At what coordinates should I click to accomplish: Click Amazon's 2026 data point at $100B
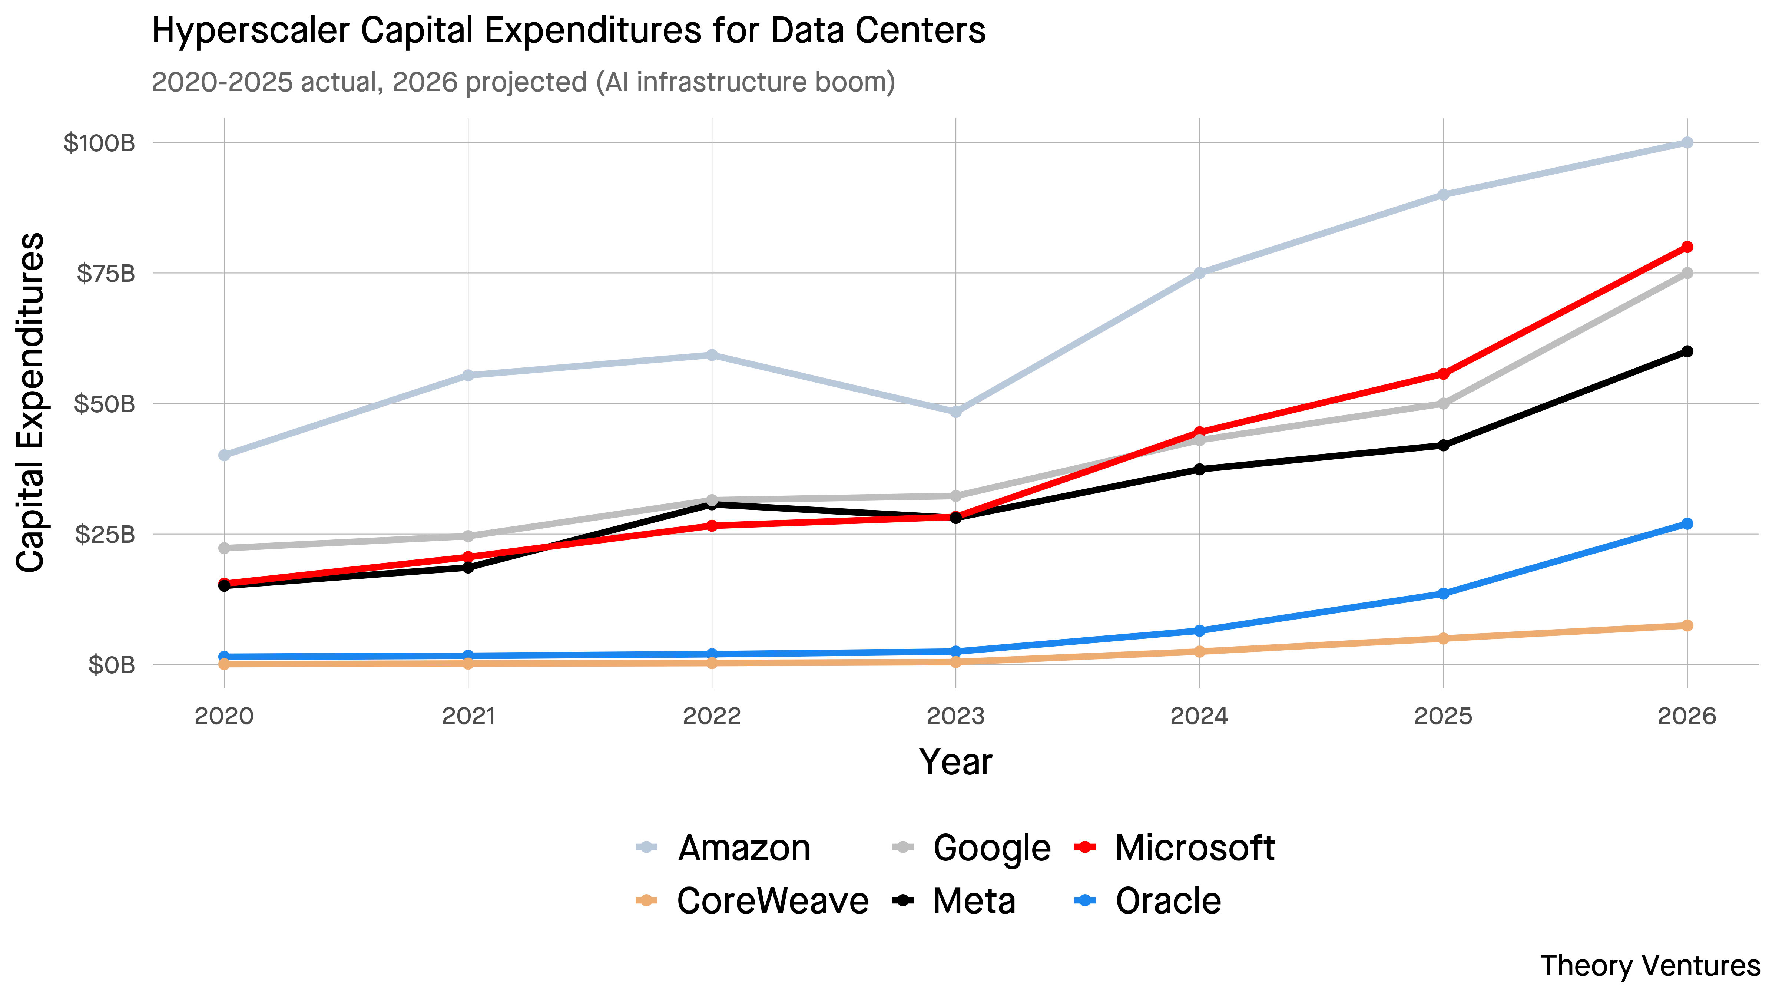(1686, 142)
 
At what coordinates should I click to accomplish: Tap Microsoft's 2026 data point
(1686, 247)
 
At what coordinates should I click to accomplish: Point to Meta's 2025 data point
(1443, 446)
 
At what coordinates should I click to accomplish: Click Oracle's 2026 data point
(1686, 523)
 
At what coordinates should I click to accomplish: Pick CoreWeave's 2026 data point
(1686, 625)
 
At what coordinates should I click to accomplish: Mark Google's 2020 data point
(224, 548)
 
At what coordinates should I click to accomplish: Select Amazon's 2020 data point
(224, 455)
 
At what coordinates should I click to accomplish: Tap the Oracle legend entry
(1148, 901)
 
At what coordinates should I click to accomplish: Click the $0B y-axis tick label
(111, 665)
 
